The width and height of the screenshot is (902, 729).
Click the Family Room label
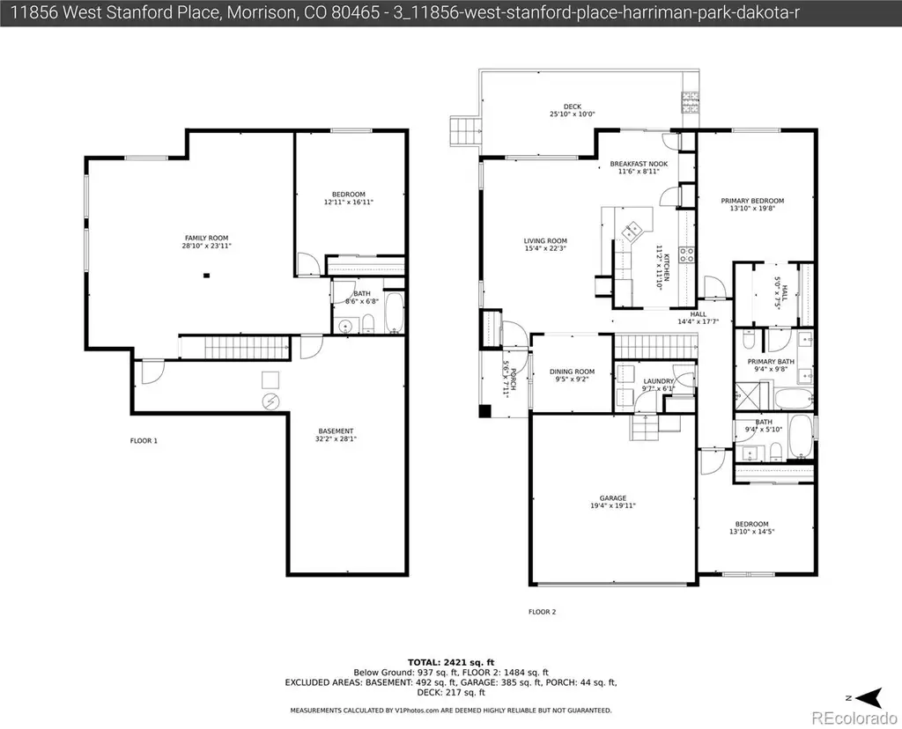[x=206, y=238]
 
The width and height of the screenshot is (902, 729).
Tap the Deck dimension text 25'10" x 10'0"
[x=573, y=114]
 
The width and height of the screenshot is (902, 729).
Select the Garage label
[x=613, y=497]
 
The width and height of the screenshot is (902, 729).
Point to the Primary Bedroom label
[x=752, y=201]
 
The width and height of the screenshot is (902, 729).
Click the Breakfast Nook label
[x=640, y=164]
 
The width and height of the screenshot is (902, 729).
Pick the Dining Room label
[x=572, y=372]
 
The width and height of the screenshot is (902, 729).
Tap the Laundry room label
[x=659, y=381]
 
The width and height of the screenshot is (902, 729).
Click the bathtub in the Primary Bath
[x=794, y=399]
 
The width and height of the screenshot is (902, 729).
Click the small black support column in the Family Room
[x=206, y=276]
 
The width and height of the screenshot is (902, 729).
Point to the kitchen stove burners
[x=687, y=254]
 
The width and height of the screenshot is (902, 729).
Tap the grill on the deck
[x=691, y=102]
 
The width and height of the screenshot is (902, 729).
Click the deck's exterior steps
[x=463, y=131]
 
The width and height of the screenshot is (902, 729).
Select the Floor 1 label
[x=144, y=441]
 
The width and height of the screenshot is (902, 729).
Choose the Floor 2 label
[x=543, y=612]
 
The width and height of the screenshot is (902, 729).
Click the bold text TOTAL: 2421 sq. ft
[x=451, y=662]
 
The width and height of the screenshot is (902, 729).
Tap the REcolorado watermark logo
[x=854, y=718]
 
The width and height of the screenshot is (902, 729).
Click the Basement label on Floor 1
[x=336, y=431]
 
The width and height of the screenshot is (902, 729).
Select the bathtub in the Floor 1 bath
[x=396, y=313]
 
